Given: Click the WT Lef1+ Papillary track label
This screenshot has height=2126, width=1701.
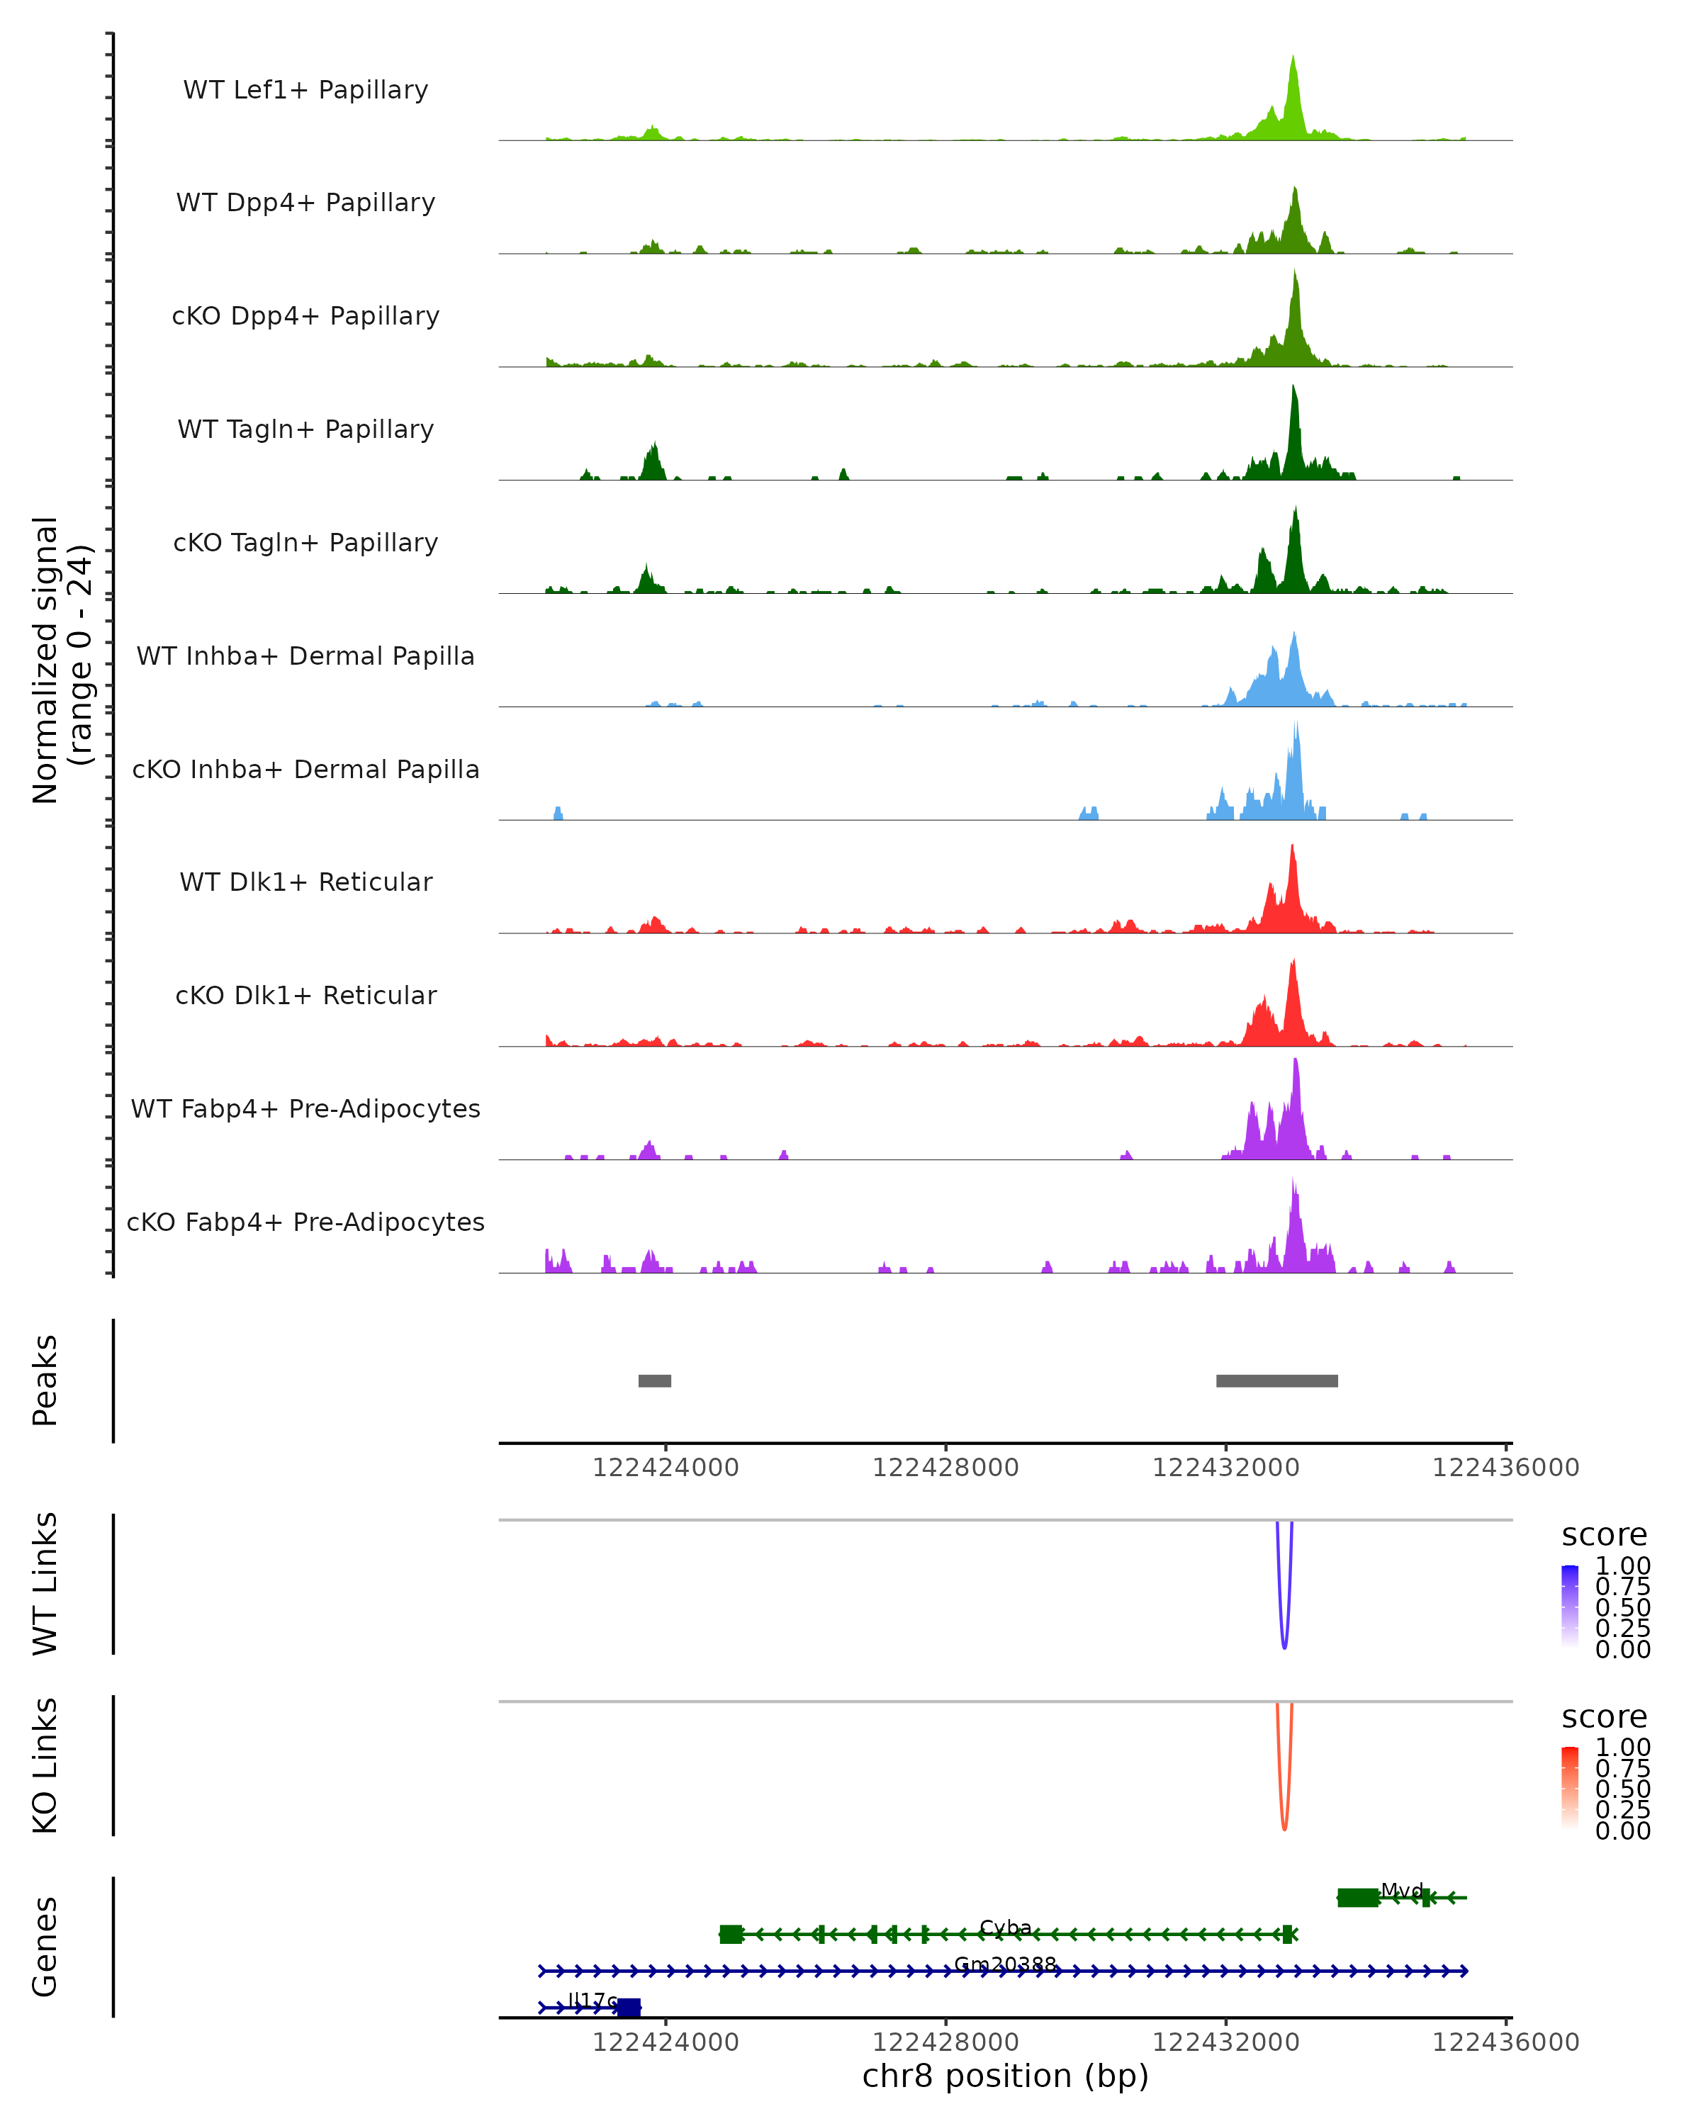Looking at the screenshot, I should (x=305, y=90).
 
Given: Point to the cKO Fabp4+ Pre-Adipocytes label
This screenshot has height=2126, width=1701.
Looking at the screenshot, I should (x=305, y=1222).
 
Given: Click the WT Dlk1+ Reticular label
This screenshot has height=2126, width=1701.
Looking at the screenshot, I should (x=305, y=882).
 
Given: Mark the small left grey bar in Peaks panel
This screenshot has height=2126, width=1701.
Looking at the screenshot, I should (x=655, y=1380).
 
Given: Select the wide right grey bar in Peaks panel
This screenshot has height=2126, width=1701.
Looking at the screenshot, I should (x=1277, y=1380).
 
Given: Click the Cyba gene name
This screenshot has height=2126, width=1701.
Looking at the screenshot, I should (x=1006, y=1927).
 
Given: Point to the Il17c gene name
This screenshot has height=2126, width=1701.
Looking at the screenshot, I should (x=593, y=2000).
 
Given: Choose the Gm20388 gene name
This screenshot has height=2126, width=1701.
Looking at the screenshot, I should (x=1006, y=1963).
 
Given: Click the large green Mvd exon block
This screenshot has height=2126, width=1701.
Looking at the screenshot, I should (x=1358, y=1897).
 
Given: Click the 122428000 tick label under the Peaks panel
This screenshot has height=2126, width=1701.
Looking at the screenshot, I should (x=945, y=1468).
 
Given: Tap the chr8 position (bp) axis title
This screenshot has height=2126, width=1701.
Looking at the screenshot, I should (x=1006, y=2076).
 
